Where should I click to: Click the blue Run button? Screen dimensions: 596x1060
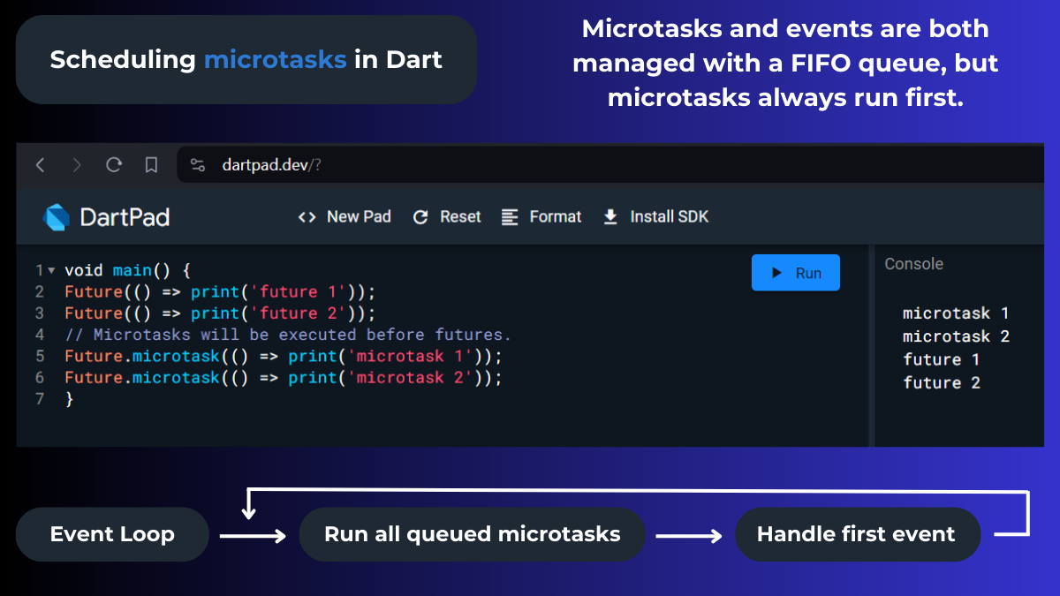795,273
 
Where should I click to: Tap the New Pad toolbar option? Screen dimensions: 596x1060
344,216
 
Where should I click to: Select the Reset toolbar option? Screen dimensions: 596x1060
447,216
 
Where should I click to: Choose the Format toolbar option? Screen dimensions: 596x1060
541,216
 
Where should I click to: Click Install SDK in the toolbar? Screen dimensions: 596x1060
655,216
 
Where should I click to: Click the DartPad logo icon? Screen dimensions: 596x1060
57,217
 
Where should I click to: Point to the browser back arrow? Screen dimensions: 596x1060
40,165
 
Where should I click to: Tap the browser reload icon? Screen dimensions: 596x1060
114,165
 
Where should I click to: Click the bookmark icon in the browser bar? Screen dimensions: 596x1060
151,165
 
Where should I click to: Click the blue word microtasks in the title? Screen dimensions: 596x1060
275,60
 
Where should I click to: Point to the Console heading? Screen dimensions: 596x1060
913,264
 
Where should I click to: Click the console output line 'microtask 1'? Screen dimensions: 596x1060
955,313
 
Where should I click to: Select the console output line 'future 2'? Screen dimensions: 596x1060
942,382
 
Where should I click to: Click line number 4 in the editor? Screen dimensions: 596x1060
40,335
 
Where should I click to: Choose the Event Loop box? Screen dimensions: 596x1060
112,534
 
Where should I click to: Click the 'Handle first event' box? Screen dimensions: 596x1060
856,534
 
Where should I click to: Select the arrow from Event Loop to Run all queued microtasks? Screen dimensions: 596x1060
253,535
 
